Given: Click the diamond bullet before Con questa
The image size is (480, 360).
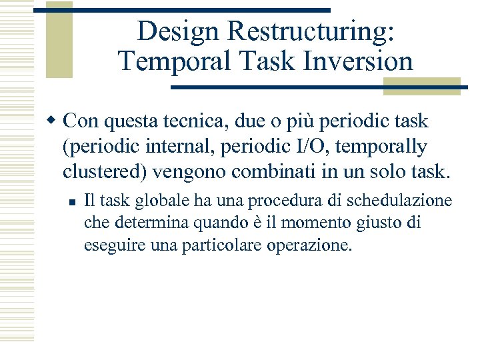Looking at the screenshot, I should coord(54,122).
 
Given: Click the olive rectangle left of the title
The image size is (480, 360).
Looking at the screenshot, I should coord(59,40).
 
